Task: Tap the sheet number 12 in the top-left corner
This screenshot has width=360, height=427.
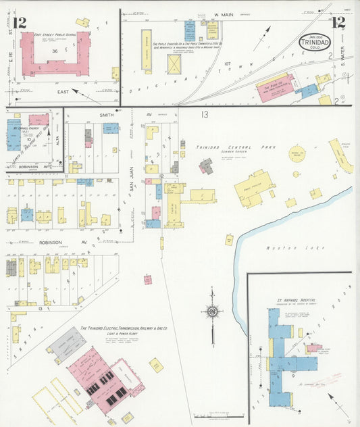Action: [x=20, y=23]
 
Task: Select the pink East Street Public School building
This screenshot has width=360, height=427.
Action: [x=53, y=54]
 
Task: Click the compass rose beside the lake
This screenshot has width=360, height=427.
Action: [x=212, y=311]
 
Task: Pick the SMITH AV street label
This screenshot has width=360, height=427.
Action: [x=106, y=116]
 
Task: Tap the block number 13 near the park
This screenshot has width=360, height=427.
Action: [x=204, y=114]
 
